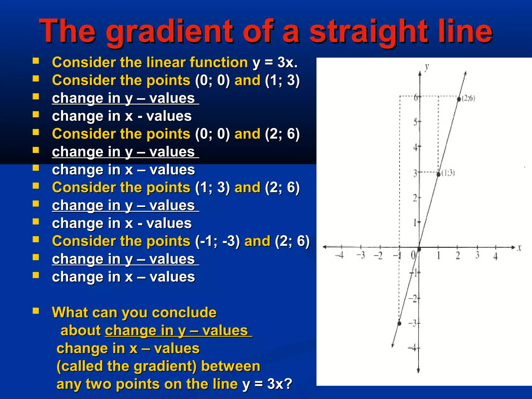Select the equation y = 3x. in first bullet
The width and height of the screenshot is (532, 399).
(x=275, y=63)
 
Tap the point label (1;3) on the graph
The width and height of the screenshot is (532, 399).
(x=448, y=173)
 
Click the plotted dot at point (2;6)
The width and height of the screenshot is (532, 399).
(x=459, y=99)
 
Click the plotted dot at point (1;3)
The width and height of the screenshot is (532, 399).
(x=438, y=174)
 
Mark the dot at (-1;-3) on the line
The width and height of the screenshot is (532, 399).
(x=400, y=323)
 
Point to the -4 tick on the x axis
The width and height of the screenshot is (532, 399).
(x=340, y=255)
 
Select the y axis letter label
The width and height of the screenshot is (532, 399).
(x=427, y=68)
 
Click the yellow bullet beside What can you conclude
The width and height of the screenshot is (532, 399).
(x=36, y=311)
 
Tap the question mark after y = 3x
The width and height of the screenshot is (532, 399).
(x=288, y=384)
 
